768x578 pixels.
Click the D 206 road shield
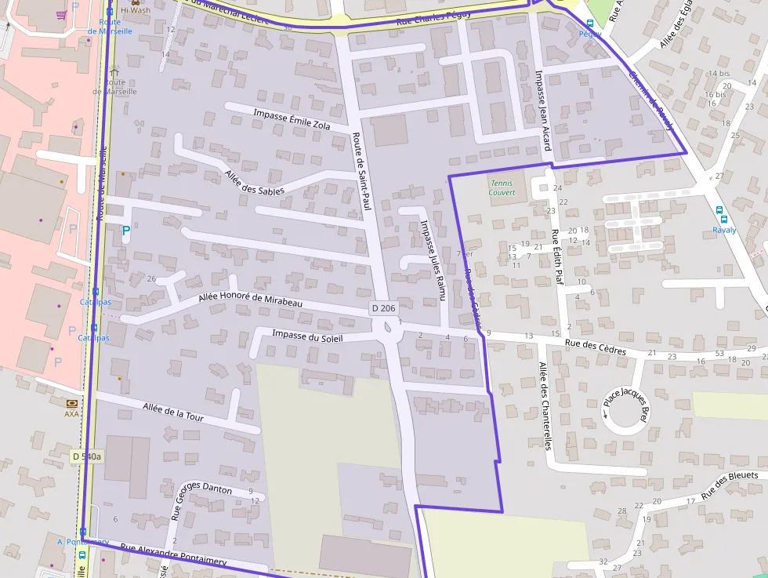[382, 308]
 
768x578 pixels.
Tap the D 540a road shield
[87, 456]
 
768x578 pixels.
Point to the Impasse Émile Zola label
[290, 119]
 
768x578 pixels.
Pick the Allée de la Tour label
[173, 412]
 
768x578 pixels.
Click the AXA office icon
[72, 402]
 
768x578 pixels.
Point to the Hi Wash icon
[134, 3]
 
